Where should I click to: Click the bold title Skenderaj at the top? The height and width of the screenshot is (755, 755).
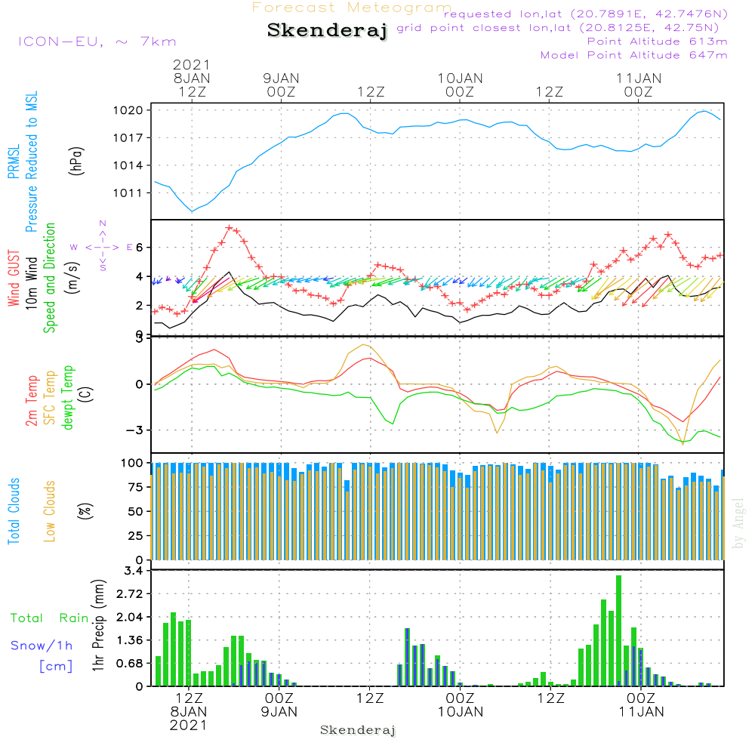point(327,31)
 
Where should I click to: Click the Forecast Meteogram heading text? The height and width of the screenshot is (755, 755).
point(352,8)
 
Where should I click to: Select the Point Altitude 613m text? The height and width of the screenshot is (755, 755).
point(657,42)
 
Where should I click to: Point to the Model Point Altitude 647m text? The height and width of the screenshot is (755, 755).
point(634,55)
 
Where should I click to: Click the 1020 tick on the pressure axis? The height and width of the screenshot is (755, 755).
point(138,110)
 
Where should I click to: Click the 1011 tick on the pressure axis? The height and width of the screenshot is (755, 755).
point(138,193)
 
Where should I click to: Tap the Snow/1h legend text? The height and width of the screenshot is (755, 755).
point(42,646)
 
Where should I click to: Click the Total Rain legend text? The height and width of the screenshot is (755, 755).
point(50,618)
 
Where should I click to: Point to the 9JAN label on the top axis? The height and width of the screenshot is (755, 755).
point(281,79)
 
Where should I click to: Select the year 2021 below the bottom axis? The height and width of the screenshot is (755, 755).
point(188,725)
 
